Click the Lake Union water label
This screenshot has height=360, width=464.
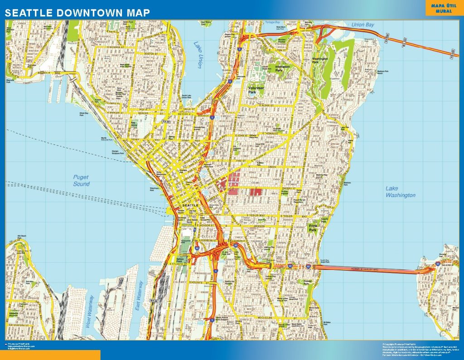coord(198,55)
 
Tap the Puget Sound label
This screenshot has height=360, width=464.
coord(81,181)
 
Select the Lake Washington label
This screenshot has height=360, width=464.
coord(400,192)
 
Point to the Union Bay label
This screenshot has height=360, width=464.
coord(363,25)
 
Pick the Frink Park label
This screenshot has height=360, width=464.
coord(313,227)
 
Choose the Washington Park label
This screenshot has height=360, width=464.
coord(320,61)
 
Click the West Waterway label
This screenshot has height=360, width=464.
coord(90,311)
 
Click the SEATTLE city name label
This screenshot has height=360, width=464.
coord(189,206)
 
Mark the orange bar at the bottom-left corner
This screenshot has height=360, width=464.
coord(50,355)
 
